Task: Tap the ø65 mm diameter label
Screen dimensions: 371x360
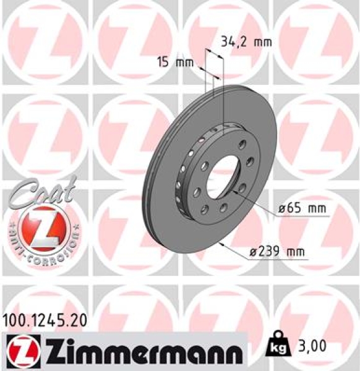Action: [x=301, y=208]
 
